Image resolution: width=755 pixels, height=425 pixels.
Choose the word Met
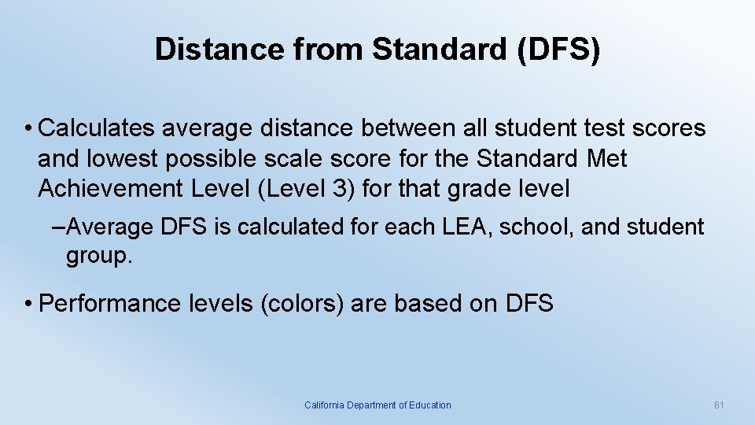[x=606, y=159]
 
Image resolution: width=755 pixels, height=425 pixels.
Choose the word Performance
[x=105, y=303]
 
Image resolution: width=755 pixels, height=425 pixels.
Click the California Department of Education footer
[x=377, y=405]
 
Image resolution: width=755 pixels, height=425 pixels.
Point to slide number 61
[x=718, y=405]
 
